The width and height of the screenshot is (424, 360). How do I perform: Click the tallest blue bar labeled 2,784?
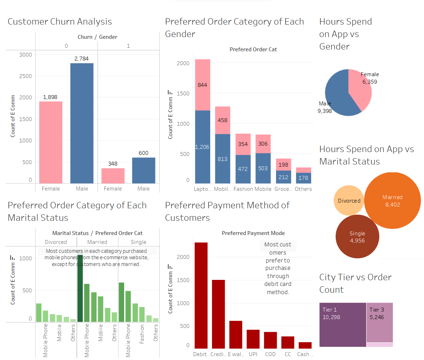pyautogui.click(x=82, y=123)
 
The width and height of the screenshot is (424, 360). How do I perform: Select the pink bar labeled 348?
pyautogui.click(x=113, y=176)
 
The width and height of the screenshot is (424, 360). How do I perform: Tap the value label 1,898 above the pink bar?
pyautogui.click(x=50, y=97)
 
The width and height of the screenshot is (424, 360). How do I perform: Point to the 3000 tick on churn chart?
pyautogui.click(x=26, y=54)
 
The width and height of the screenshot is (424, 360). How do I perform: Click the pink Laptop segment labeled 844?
pyautogui.click(x=202, y=85)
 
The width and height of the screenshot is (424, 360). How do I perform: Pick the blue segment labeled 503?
pyautogui.click(x=263, y=168)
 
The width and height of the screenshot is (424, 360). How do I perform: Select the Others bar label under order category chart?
pyautogui.click(x=303, y=189)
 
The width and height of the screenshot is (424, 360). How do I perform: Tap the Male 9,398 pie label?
pyautogui.click(x=325, y=107)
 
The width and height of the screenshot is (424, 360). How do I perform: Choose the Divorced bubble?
pyautogui.click(x=349, y=200)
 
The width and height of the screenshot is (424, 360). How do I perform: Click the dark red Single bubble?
pyautogui.click(x=357, y=237)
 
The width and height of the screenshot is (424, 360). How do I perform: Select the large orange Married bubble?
pyautogui.click(x=392, y=201)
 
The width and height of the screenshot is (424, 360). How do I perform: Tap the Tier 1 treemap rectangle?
pyautogui.click(x=343, y=324)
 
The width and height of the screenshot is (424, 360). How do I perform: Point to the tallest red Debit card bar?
pyautogui.click(x=201, y=295)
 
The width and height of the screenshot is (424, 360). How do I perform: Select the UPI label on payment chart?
pyautogui.click(x=253, y=354)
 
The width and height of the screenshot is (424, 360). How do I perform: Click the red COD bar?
pyautogui.click(x=270, y=340)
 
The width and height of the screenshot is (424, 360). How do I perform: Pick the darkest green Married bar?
pyautogui.click(x=80, y=288)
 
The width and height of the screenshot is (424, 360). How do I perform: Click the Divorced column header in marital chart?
pyautogui.click(x=56, y=242)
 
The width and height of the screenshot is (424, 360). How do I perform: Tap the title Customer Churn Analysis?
pyautogui.click(x=60, y=22)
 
